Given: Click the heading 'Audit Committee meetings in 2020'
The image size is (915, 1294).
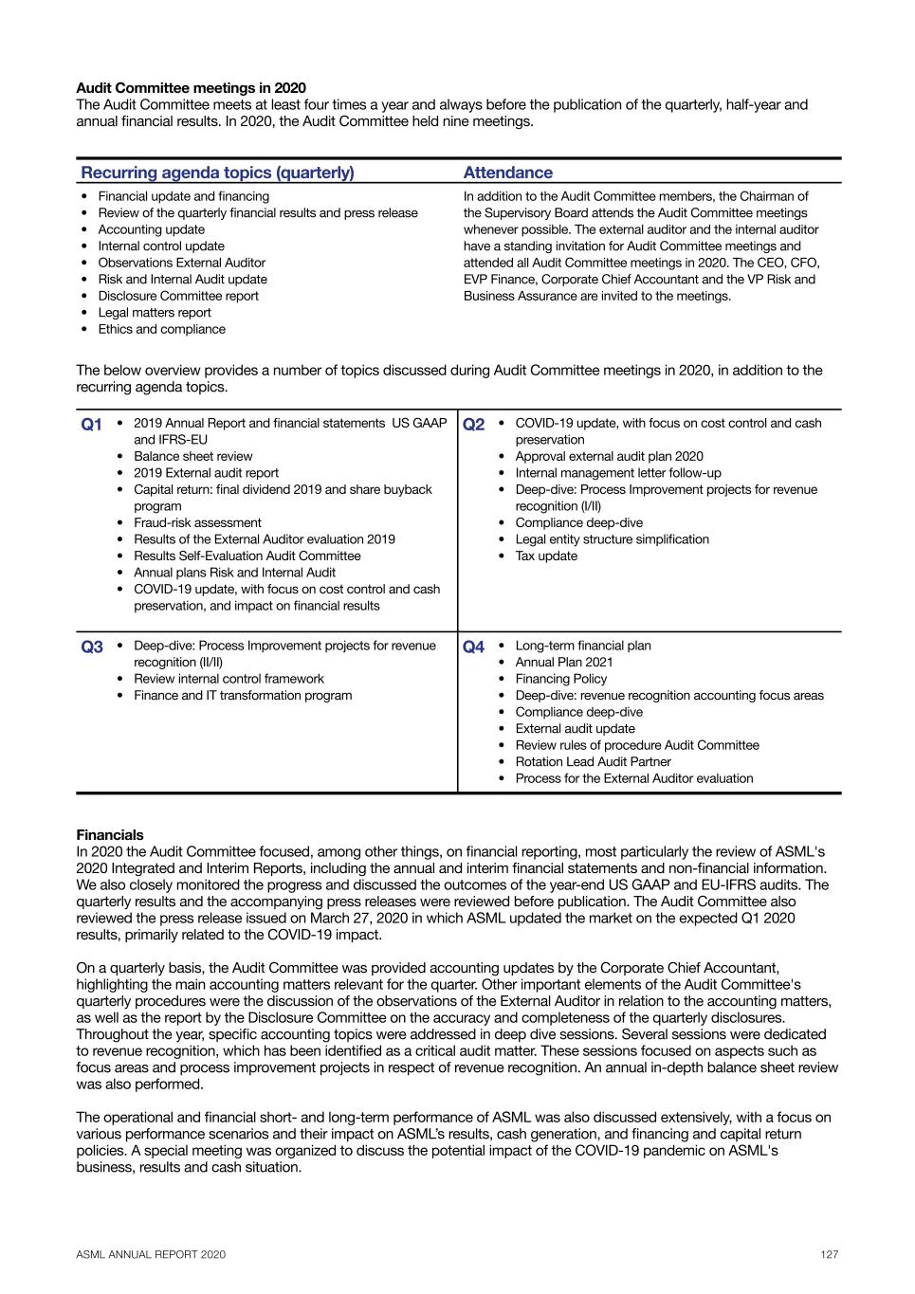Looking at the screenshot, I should click(191, 88).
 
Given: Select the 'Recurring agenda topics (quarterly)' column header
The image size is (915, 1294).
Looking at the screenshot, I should click(217, 173).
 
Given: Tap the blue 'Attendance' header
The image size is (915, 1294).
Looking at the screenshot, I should click(507, 173).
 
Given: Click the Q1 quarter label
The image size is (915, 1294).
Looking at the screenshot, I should click(91, 425).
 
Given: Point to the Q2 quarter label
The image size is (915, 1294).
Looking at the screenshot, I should click(473, 425).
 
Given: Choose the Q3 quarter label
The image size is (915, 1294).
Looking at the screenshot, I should click(91, 647).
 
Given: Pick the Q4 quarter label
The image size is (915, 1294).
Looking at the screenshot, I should click(473, 647).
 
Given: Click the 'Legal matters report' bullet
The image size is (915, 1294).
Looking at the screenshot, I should click(155, 313).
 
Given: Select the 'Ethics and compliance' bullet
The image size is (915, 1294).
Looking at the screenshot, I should click(161, 329).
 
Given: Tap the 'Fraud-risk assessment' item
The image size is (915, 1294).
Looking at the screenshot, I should click(197, 522).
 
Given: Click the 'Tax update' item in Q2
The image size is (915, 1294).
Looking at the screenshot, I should click(546, 556).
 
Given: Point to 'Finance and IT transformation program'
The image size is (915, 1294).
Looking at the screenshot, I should click(243, 695).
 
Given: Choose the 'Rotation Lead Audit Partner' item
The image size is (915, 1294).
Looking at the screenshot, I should click(593, 761).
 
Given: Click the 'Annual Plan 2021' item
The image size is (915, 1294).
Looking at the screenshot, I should click(564, 662).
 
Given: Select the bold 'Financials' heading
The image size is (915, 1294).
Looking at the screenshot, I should click(110, 835).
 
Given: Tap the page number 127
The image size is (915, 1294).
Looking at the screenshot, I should click(830, 1254).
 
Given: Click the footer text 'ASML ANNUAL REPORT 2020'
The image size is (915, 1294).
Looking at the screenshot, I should click(151, 1254).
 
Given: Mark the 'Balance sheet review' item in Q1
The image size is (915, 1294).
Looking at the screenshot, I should click(193, 456).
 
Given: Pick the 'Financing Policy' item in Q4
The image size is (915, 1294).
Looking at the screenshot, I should click(561, 679).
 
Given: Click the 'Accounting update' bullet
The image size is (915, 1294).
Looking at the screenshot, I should click(151, 229).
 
